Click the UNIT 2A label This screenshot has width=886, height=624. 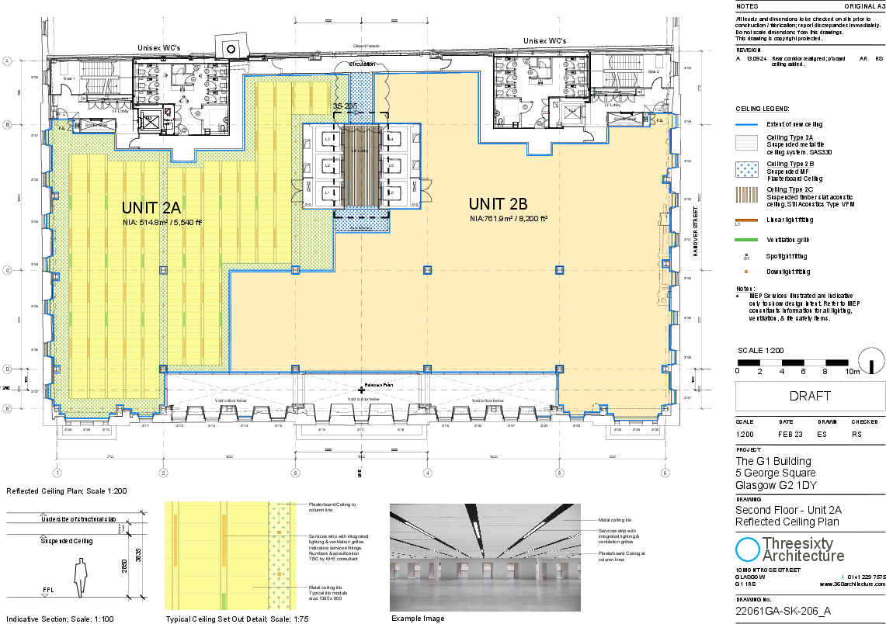coord(151,207)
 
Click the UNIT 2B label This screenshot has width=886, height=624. coord(498,204)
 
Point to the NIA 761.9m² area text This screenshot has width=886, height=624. coord(509,219)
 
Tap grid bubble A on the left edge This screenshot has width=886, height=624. coord(7,61)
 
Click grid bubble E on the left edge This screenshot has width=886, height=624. coord(7,408)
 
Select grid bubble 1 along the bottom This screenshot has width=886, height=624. coord(57,472)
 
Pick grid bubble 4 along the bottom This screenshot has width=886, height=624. coord(427,472)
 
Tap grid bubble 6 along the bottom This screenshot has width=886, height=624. coord(665,472)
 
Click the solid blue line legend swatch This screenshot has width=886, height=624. coord(746,125)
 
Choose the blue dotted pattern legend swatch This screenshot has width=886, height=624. coord(746,169)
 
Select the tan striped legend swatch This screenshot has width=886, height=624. coord(746,195)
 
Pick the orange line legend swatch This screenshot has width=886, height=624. coord(746,220)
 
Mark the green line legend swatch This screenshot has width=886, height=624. coord(746,240)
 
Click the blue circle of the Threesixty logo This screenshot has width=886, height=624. coord(747,549)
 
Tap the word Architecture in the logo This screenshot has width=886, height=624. coord(803,556)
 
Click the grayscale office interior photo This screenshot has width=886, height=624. coord(485,557)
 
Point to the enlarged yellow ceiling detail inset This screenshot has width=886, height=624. coord(231,556)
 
